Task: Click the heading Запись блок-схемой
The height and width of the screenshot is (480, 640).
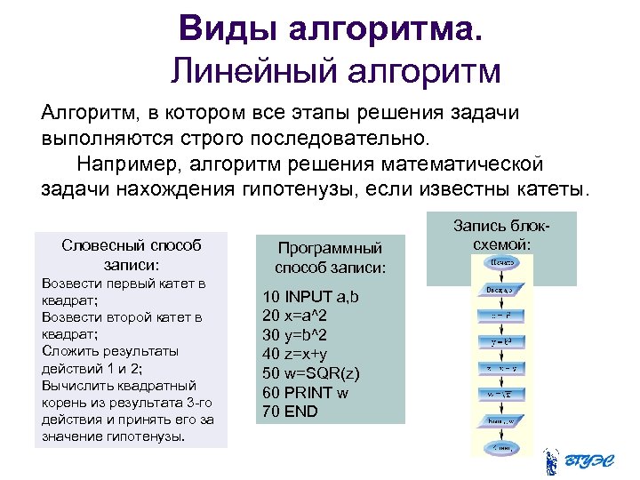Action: point(503,235)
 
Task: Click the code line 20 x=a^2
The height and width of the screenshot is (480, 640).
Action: point(294,316)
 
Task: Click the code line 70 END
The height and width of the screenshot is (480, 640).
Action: point(290,412)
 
